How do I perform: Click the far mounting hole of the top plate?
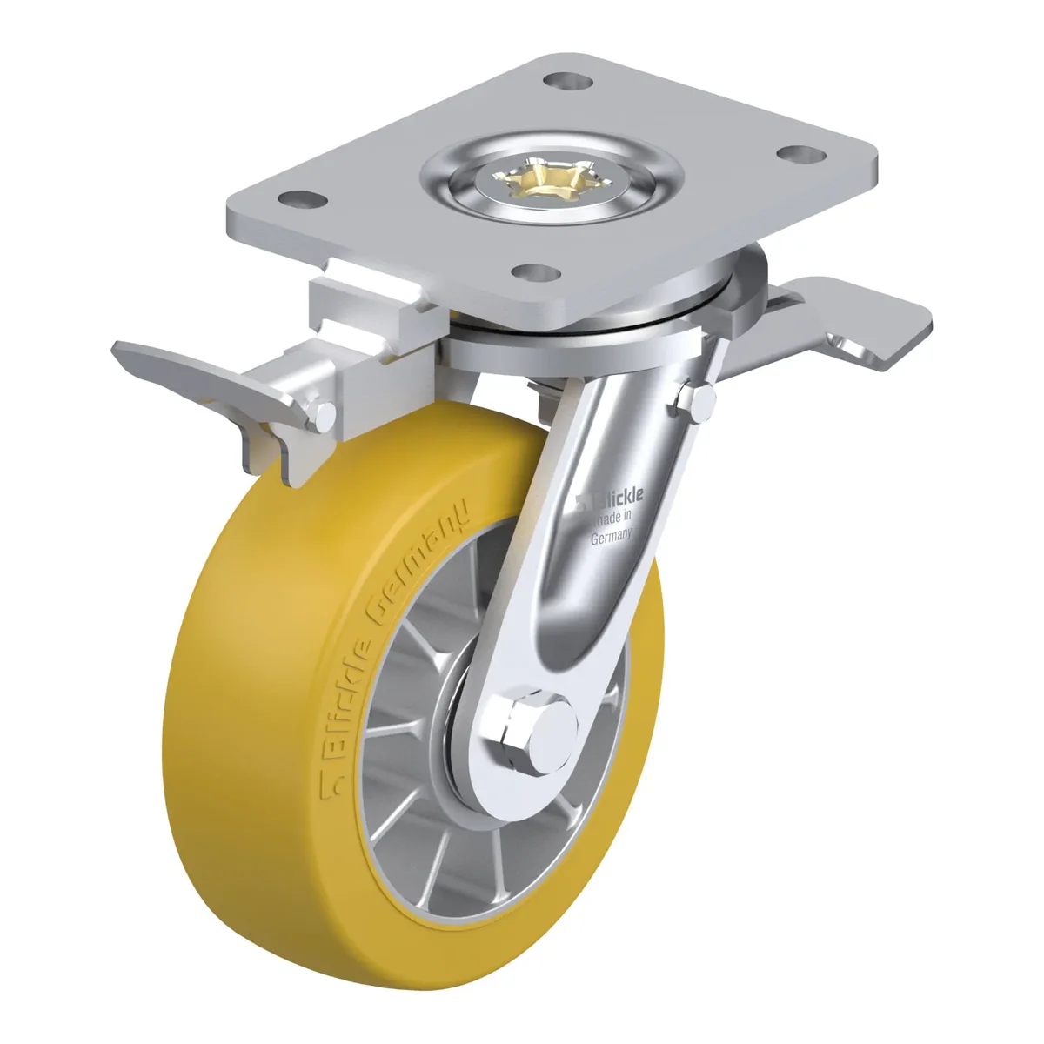(566, 82)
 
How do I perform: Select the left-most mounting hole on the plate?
(303, 200)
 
